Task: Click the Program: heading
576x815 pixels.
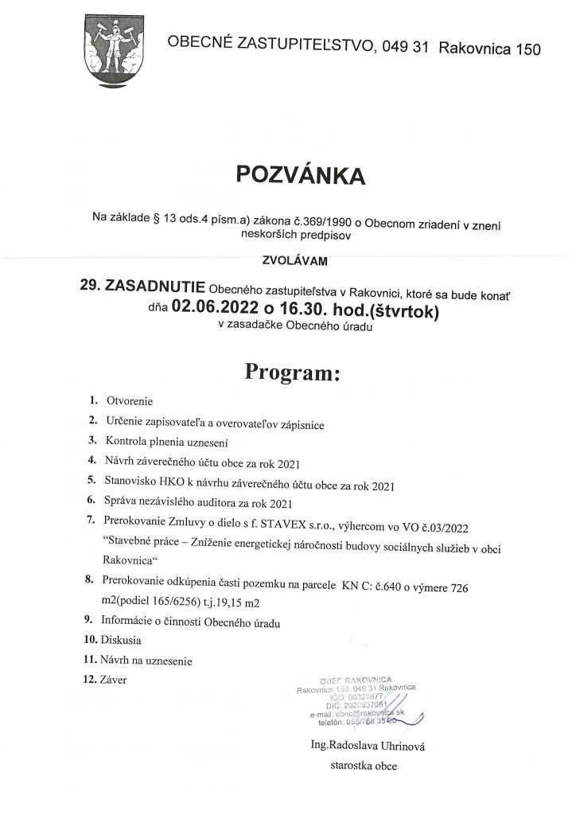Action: (292, 371)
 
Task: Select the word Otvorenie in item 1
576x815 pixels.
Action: (129, 401)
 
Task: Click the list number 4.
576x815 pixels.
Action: (93, 461)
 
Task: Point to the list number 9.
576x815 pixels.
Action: (93, 619)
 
